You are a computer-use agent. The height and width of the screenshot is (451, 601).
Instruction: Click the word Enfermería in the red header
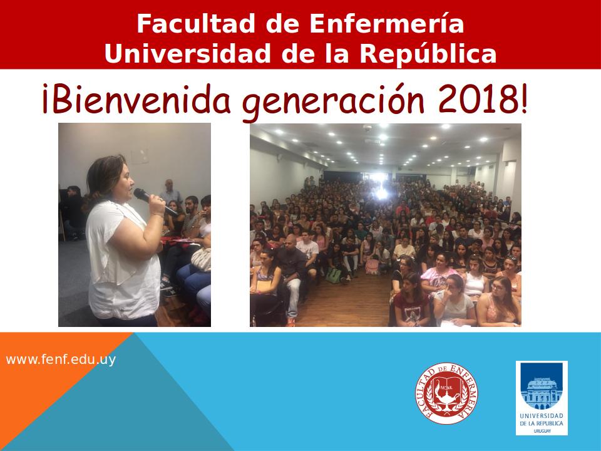[386, 23]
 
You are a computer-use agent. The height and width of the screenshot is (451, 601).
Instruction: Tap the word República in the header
[428, 53]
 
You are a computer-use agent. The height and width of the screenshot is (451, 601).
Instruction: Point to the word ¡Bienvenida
[137, 98]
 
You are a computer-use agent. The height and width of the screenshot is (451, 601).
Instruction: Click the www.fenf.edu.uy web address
[61, 360]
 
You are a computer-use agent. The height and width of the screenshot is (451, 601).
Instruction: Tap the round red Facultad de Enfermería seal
[446, 393]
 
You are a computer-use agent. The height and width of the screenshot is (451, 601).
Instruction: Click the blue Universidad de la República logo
[541, 398]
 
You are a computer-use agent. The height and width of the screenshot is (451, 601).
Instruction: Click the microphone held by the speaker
[154, 201]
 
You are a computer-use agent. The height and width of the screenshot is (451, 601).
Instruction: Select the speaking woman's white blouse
[122, 261]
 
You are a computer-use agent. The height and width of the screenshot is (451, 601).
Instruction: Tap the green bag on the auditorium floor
[334, 275]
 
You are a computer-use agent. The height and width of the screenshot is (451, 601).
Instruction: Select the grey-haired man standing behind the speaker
[170, 192]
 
